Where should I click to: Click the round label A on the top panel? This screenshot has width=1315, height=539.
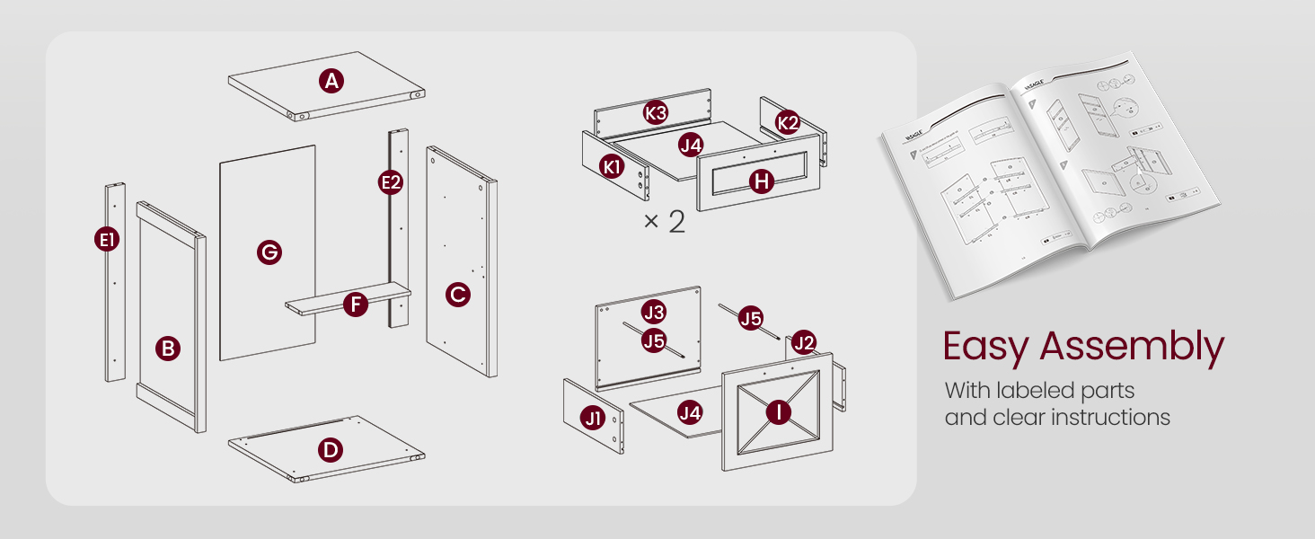click(x=332, y=82)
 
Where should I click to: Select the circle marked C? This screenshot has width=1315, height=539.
click(x=458, y=294)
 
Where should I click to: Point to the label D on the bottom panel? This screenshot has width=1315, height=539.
click(x=331, y=449)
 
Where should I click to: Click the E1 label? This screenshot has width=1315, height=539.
click(x=107, y=240)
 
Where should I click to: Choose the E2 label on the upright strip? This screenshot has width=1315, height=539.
click(x=391, y=182)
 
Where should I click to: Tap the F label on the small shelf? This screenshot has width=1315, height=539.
click(x=357, y=305)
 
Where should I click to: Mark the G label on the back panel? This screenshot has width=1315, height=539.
click(x=269, y=252)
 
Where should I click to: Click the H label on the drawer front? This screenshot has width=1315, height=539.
click(x=762, y=181)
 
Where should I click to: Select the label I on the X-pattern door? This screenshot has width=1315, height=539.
click(x=778, y=411)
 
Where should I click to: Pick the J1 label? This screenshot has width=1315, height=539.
click(x=593, y=418)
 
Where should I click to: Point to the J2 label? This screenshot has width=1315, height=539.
click(x=803, y=341)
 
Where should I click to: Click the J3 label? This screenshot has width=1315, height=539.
click(x=654, y=313)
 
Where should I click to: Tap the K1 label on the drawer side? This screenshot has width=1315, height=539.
click(x=613, y=166)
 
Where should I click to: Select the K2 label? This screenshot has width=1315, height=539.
click(x=788, y=123)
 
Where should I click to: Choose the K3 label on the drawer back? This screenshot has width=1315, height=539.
click(x=656, y=113)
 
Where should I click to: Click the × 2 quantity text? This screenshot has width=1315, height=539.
click(x=664, y=222)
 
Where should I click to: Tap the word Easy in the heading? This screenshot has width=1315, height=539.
click(x=986, y=348)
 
